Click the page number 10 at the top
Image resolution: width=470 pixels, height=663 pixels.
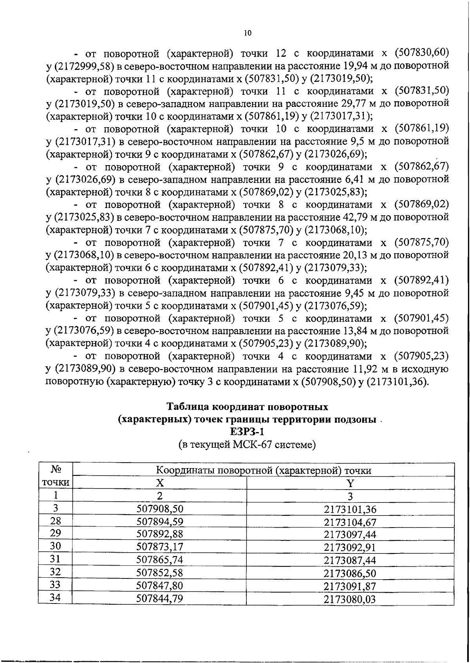point(247,33)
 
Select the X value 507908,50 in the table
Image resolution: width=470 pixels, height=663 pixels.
point(160,509)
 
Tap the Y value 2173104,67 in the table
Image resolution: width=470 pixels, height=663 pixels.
point(350,522)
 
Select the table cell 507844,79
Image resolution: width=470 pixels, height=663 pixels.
point(160,598)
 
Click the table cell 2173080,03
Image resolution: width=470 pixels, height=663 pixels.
point(350,599)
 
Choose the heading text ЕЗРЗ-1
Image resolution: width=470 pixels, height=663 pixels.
point(247,432)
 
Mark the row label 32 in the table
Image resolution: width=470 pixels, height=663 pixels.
point(56,572)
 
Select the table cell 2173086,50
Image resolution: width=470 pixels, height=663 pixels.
point(350,573)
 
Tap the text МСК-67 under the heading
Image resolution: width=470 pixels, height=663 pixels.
point(252,445)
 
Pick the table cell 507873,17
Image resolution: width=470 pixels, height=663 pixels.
point(160,547)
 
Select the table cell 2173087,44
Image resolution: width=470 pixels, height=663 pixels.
point(350,560)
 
